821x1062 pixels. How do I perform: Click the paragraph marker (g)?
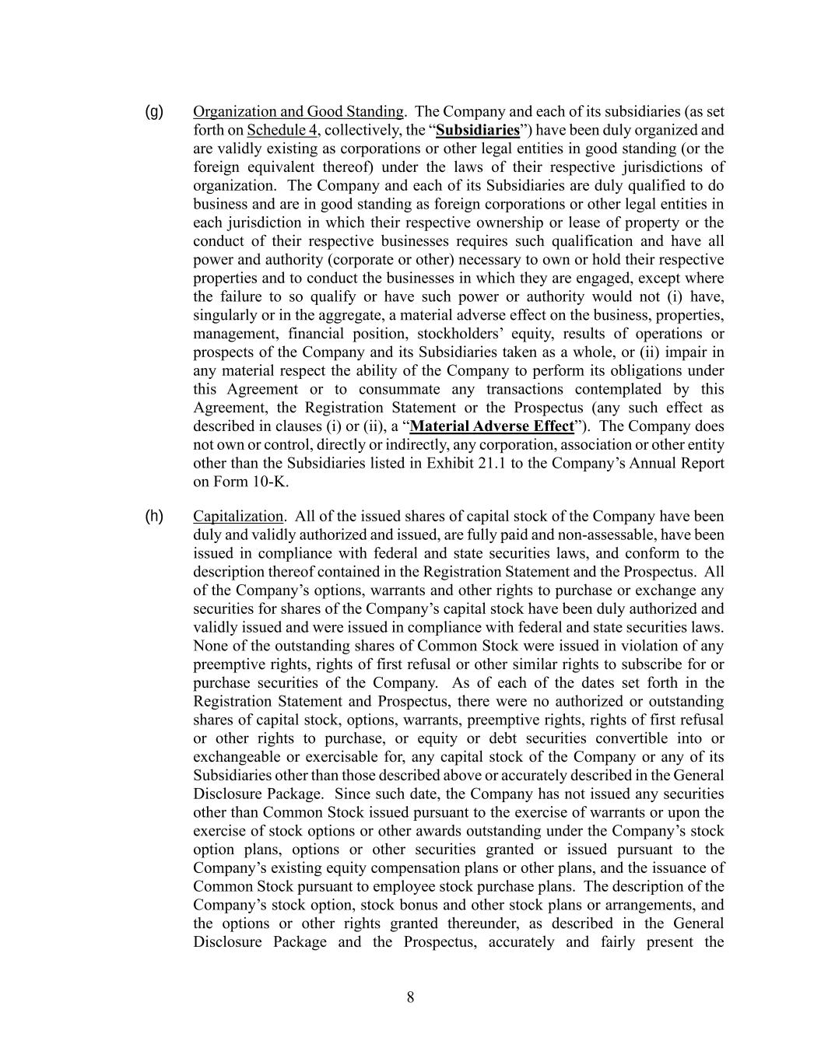tap(154, 111)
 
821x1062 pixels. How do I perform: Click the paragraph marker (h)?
tap(154, 516)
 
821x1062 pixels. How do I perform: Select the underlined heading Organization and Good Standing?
tap(298, 111)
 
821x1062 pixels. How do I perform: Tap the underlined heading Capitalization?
tap(238, 516)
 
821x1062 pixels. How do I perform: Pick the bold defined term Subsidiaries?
tap(477, 130)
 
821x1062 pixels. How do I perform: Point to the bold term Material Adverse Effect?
tap(491, 426)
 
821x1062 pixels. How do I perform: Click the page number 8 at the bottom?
tap(410, 997)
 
